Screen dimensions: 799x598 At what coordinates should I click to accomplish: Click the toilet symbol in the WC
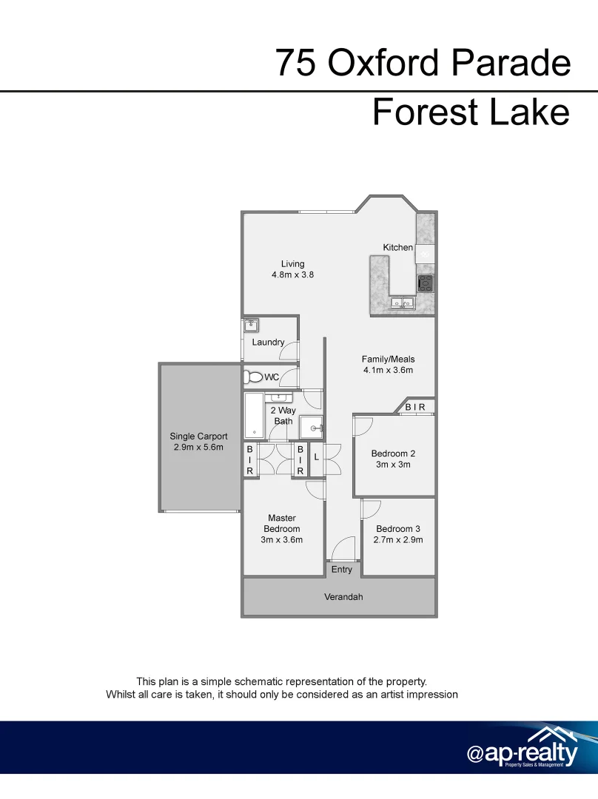click(x=254, y=377)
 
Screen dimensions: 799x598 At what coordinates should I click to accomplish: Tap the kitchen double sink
click(x=403, y=302)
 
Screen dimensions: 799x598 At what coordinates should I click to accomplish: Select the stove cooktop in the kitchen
click(x=426, y=283)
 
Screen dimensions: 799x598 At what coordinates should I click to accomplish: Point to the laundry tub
click(x=251, y=325)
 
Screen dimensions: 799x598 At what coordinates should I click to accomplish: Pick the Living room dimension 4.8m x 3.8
click(x=292, y=274)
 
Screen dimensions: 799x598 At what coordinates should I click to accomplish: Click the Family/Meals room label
click(x=388, y=360)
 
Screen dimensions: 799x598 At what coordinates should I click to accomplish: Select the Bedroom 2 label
click(x=392, y=454)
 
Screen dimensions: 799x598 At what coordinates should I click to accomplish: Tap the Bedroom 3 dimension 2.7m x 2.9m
click(x=399, y=540)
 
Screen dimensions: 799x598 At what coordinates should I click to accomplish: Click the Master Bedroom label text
click(x=282, y=524)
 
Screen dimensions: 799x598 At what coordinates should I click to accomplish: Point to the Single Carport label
click(x=198, y=436)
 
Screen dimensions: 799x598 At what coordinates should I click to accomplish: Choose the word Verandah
click(x=344, y=597)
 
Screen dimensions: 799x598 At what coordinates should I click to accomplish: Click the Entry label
click(x=342, y=570)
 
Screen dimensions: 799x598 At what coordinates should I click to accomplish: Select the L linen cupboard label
click(x=316, y=457)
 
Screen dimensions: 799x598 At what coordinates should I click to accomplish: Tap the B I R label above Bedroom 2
click(x=414, y=407)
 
